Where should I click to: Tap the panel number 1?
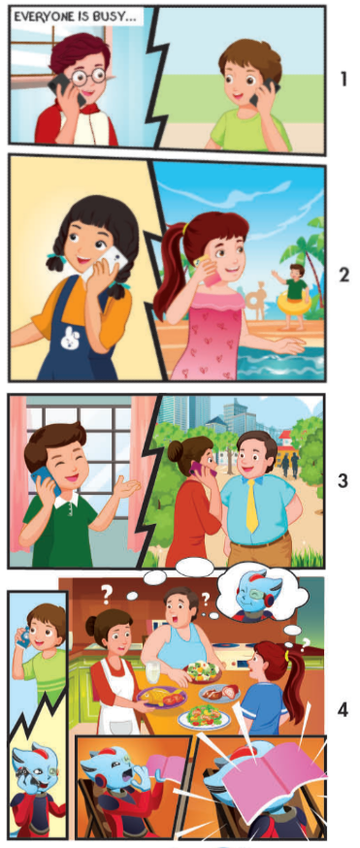point(343,79)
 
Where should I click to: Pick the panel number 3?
point(343,480)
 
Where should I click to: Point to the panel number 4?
point(343,709)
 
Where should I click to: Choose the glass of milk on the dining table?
point(152,669)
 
